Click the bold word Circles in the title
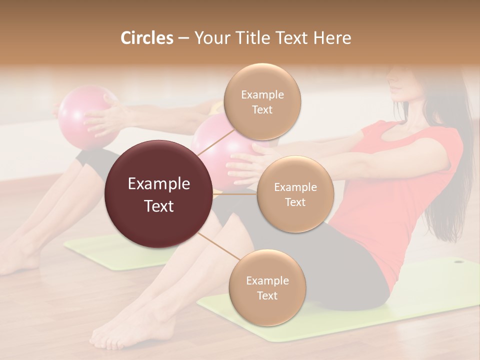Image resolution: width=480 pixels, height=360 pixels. [146, 38]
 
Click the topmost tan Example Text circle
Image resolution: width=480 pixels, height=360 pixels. [262, 102]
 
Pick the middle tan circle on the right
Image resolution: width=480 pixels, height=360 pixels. [295, 194]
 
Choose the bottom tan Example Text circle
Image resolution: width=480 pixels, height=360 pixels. [267, 288]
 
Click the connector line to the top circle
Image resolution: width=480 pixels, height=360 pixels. [215, 142]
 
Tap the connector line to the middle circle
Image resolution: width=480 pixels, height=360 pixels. [235, 194]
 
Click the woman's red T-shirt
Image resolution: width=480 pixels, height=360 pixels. [400, 200]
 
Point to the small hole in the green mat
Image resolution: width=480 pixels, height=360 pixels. [457, 261]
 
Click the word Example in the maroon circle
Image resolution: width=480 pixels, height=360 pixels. [159, 184]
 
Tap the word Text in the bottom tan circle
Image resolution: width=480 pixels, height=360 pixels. [267, 295]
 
